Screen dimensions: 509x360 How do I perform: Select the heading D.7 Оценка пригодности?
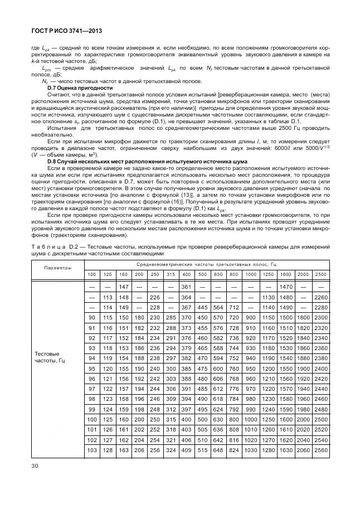click(x=80, y=88)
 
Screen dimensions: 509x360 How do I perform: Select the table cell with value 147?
click(x=124, y=287)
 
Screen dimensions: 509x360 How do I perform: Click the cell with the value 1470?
click(x=286, y=287)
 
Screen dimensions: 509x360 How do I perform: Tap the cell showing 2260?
click(x=320, y=297)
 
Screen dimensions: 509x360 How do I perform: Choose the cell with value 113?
click(x=108, y=297)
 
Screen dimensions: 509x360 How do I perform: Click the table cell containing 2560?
click(x=320, y=450)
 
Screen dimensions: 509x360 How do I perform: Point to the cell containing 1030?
click(x=251, y=450)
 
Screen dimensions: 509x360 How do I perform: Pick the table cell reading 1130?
click(x=268, y=297)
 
